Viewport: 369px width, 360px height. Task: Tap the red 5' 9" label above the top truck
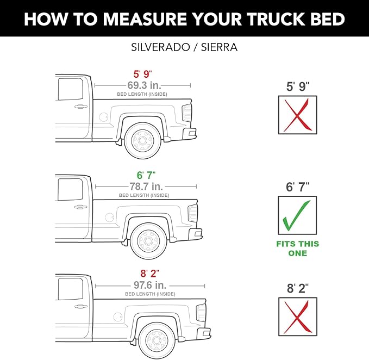(143, 75)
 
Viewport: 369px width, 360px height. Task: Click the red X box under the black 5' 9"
(297, 115)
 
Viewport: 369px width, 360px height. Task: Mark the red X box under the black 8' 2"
(297, 316)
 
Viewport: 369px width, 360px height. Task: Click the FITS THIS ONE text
(297, 248)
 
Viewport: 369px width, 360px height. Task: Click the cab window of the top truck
(66, 89)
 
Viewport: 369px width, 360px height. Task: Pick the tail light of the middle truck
(192, 213)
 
